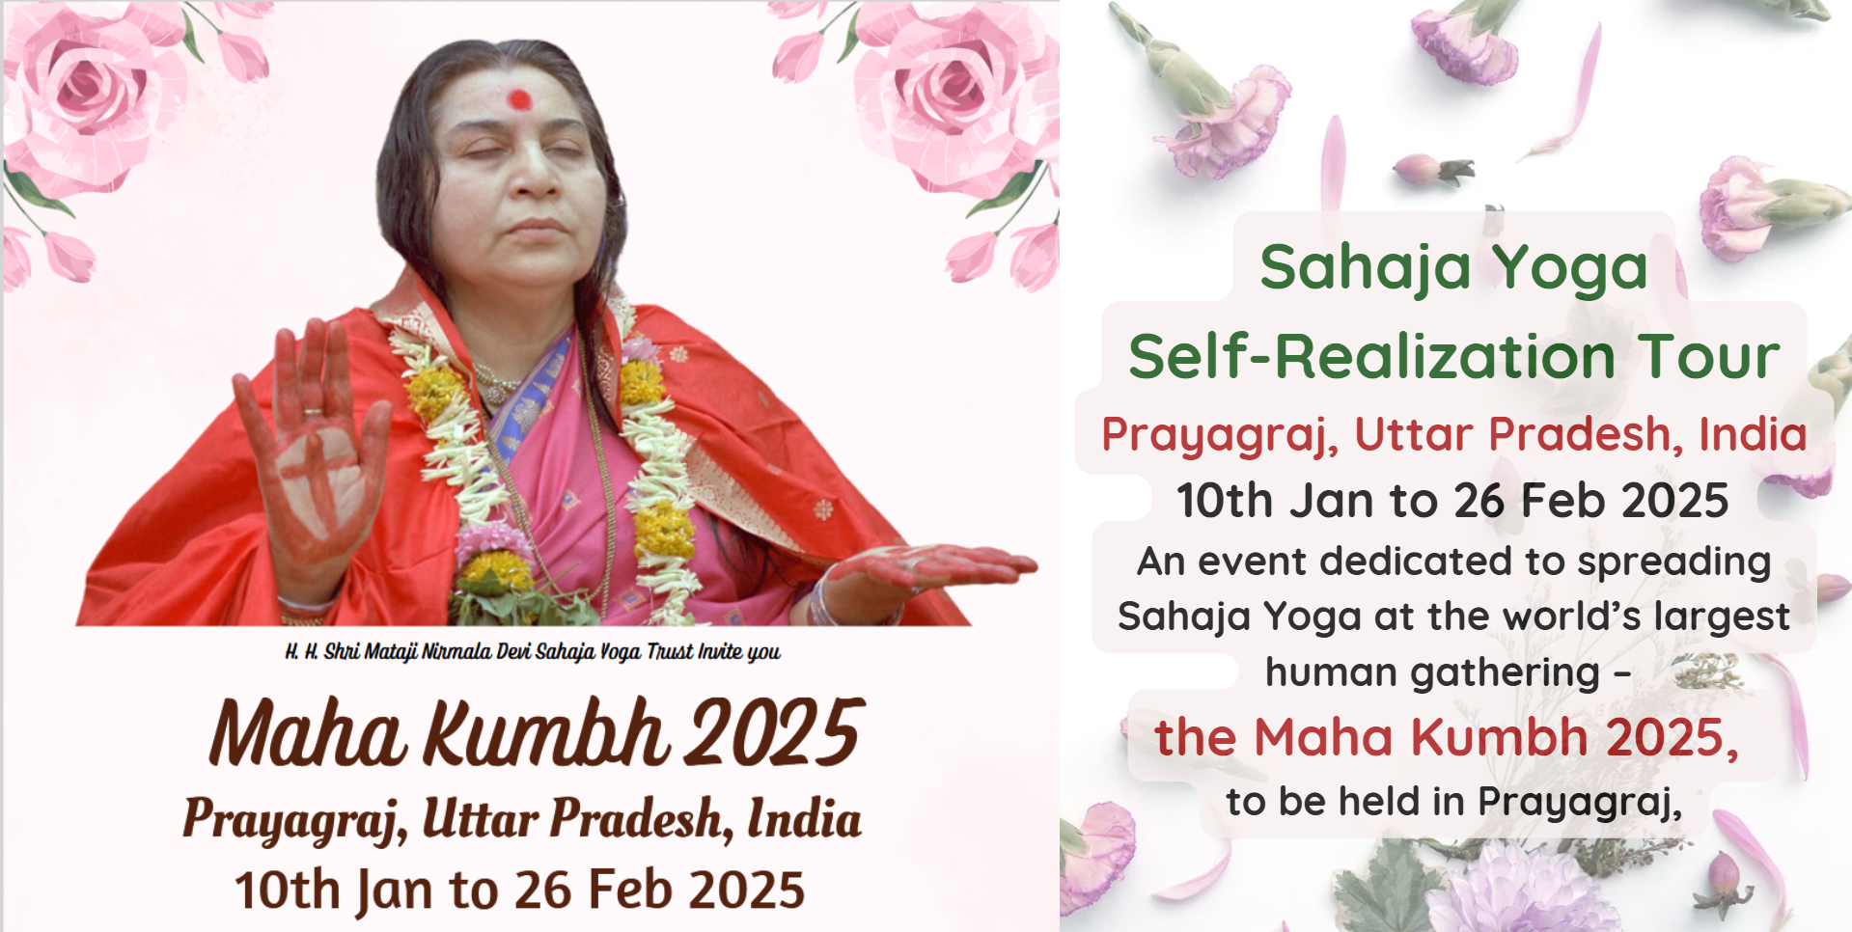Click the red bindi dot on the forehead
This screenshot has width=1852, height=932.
pyautogui.click(x=519, y=98)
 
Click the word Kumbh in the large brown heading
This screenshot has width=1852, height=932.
pyautogui.click(x=545, y=733)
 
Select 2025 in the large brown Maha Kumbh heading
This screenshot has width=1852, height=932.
pyautogui.click(x=772, y=733)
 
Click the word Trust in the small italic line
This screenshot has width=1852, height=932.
pyautogui.click(x=670, y=652)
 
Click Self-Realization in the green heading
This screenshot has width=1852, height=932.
pyautogui.click(x=1371, y=356)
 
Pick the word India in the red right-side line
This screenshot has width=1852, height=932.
pyautogui.click(x=1753, y=434)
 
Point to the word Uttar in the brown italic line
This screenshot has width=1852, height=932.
pyautogui.click(x=480, y=819)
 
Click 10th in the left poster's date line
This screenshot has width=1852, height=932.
pyautogui.click(x=287, y=890)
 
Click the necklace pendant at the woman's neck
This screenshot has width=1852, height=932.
pyautogui.click(x=494, y=394)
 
